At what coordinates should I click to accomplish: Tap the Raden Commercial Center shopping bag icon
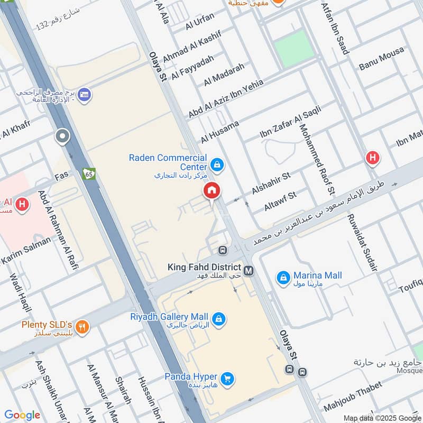(217, 164)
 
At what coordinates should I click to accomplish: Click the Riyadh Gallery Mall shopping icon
(218, 319)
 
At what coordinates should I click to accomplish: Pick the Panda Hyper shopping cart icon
(227, 379)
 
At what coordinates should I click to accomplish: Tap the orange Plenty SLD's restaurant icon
(81, 327)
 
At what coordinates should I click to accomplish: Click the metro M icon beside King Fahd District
(249, 270)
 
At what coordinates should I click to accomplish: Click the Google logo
(22, 415)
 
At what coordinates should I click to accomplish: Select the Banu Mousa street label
(381, 58)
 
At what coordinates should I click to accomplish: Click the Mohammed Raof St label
(317, 159)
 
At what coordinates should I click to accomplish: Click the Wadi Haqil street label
(19, 293)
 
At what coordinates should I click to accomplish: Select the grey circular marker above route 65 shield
(62, 137)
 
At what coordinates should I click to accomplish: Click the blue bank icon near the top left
(84, 96)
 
